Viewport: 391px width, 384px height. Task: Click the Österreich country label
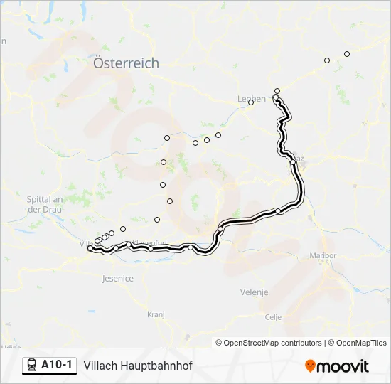tap(126, 63)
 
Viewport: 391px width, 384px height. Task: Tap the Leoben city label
tap(251, 99)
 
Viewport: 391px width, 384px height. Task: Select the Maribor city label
tap(323, 256)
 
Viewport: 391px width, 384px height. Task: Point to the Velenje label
tap(254, 292)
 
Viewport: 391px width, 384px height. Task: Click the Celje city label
tap(273, 317)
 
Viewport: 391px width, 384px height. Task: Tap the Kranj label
tap(156, 314)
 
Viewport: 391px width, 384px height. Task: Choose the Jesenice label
tap(118, 279)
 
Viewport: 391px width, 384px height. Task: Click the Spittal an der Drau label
tap(45, 204)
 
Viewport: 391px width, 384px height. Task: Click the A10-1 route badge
tap(49, 366)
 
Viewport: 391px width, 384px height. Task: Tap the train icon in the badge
tap(32, 366)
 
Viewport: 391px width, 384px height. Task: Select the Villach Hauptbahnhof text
tap(138, 366)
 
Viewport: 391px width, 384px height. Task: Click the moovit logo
tap(337, 366)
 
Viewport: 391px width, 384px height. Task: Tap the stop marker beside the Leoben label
tap(251, 103)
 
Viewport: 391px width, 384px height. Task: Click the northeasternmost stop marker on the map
tap(347, 54)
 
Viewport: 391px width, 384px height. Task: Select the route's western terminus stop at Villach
tap(90, 248)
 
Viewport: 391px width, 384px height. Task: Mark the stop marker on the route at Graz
tap(293, 162)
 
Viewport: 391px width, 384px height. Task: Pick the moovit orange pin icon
tap(310, 366)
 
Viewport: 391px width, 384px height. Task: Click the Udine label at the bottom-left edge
tap(10, 348)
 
